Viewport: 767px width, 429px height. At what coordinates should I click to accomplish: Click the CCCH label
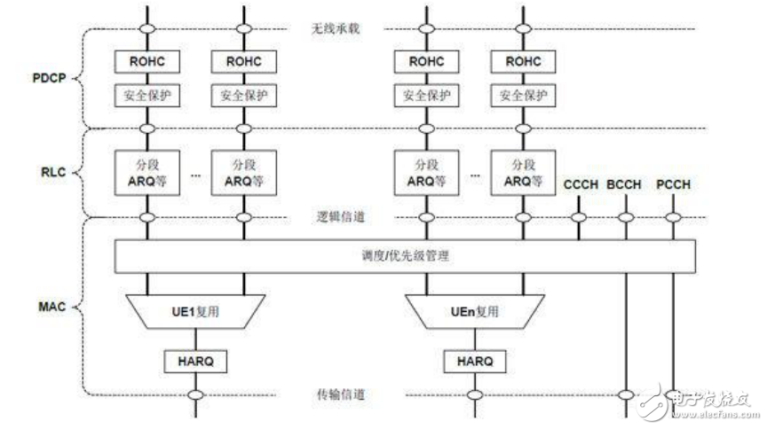[x=579, y=185]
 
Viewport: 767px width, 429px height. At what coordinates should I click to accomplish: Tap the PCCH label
[x=673, y=185]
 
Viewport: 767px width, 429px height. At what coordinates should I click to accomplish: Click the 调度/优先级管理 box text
[x=405, y=256]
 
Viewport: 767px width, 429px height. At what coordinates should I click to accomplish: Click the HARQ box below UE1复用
[x=194, y=361]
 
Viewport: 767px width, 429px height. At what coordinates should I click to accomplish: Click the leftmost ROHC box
[x=146, y=61]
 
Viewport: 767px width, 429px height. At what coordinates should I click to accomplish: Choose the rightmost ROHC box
[x=523, y=61]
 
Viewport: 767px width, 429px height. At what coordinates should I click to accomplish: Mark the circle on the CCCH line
[x=579, y=217]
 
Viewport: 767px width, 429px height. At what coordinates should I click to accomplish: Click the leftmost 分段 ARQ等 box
[x=146, y=171]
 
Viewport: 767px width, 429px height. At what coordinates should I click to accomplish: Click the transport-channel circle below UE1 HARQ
[x=194, y=394]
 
